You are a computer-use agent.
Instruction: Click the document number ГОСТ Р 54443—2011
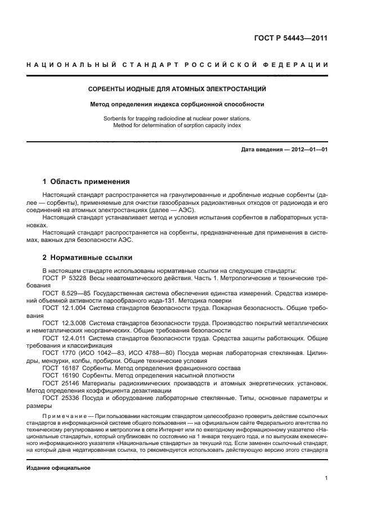click(290, 39)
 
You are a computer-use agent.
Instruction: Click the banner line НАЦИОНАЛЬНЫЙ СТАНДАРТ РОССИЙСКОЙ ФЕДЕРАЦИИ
click(177, 66)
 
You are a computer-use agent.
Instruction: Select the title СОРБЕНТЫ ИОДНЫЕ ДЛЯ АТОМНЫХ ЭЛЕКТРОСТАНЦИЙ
click(177, 89)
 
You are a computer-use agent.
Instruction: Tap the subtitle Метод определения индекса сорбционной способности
click(177, 104)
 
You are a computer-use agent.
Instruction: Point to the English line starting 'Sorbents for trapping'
click(177, 119)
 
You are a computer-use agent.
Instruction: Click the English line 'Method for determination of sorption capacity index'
click(177, 125)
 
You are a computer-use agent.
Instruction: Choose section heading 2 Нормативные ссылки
click(88, 258)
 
